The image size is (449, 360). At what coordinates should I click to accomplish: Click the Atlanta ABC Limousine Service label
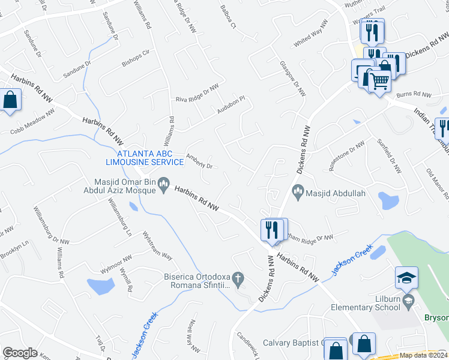(x=145, y=157)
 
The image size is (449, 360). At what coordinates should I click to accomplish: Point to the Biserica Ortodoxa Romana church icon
(x=238, y=278)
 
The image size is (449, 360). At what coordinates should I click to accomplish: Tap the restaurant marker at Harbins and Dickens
(x=273, y=229)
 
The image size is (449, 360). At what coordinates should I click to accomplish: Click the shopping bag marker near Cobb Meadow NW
(x=10, y=100)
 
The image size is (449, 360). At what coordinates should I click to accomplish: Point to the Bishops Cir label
(x=134, y=57)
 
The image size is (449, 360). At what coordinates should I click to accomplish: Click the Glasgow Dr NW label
(x=292, y=79)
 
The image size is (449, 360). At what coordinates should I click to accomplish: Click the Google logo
(x=20, y=353)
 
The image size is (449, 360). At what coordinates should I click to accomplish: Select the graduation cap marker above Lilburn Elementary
(x=406, y=277)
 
